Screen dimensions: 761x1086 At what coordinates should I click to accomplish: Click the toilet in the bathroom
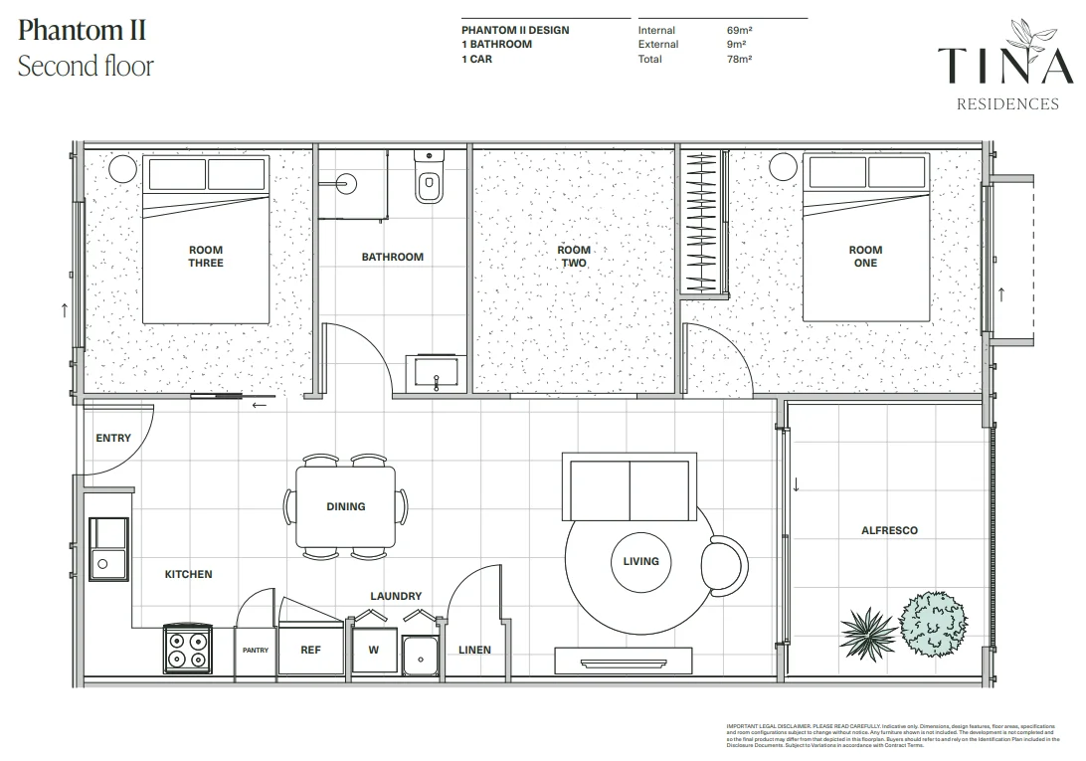point(429,182)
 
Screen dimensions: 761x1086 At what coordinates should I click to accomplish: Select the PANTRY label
point(256,651)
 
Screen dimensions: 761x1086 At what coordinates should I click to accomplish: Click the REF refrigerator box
point(311,651)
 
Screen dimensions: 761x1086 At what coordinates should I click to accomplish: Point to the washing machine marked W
point(374,651)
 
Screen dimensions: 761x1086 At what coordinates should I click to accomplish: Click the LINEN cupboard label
point(474,651)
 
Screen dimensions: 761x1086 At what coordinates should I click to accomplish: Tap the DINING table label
point(345,506)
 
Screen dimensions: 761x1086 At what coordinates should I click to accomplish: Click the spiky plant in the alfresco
point(866,629)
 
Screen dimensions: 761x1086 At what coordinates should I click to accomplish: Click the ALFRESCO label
point(889,530)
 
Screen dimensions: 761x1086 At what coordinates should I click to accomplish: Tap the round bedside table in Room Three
point(121,168)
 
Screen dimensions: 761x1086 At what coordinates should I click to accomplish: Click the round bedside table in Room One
point(784,166)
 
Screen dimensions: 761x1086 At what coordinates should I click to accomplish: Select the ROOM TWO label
point(574,257)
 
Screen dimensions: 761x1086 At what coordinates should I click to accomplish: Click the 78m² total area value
point(739,59)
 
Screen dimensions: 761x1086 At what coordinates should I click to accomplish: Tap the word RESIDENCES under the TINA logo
point(1006,104)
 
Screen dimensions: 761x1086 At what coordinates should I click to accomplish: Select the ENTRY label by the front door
point(113,438)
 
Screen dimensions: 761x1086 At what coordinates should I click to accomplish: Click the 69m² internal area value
point(739,30)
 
